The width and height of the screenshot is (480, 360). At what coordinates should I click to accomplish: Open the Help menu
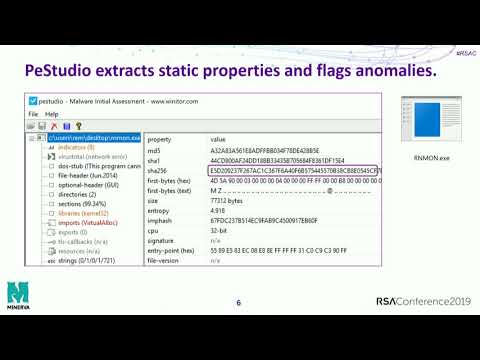click(52, 114)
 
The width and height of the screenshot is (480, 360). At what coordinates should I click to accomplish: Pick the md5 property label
click(153, 151)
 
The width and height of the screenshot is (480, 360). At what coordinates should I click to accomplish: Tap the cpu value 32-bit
click(220, 230)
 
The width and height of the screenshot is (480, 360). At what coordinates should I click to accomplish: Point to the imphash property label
click(160, 220)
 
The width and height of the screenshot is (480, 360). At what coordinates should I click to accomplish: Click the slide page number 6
click(238, 303)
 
